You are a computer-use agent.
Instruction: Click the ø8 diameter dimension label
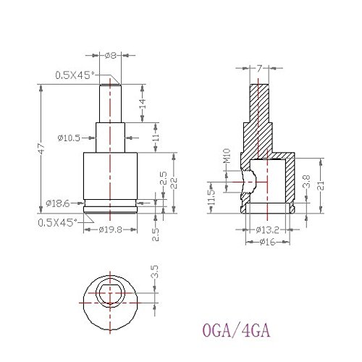[x=111, y=56]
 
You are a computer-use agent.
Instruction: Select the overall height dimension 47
[x=42, y=148]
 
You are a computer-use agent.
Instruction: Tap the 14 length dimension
[x=143, y=104]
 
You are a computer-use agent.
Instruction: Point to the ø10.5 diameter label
[x=69, y=138]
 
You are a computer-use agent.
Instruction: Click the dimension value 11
[x=156, y=138]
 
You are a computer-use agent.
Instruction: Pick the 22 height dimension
[x=174, y=183]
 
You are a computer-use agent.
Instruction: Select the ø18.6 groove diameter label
[x=58, y=203]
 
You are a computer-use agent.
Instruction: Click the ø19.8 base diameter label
[x=111, y=230]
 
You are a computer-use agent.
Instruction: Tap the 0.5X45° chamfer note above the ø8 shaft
[x=75, y=75]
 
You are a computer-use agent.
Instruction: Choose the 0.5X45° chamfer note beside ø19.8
[x=57, y=222]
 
